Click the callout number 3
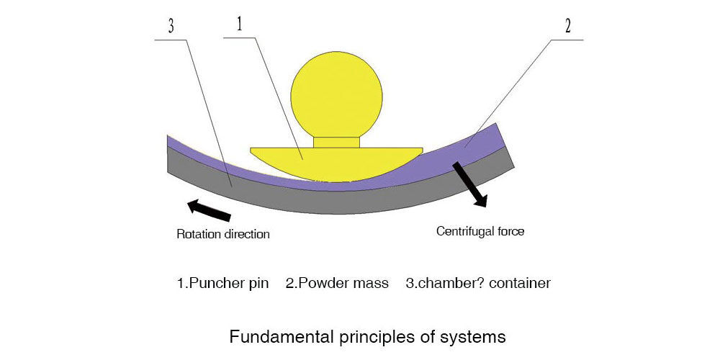click(x=171, y=26)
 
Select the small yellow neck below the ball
click(x=336, y=142)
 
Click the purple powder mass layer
click(x=475, y=149)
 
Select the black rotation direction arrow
click(x=210, y=210)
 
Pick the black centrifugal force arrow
click(x=469, y=183)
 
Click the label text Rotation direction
click(x=223, y=234)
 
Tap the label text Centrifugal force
click(x=480, y=232)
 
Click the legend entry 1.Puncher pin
click(x=223, y=283)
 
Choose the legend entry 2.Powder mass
click(x=337, y=283)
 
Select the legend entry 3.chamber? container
click(x=478, y=283)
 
